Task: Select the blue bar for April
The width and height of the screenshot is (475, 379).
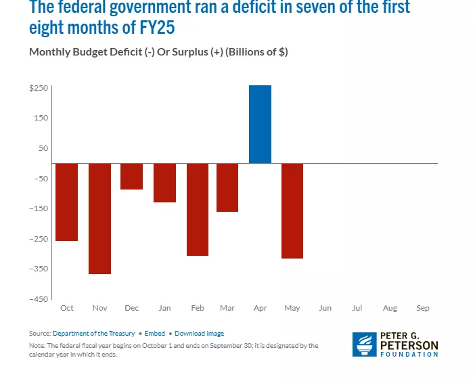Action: (260, 125)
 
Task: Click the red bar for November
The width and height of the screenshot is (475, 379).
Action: (99, 219)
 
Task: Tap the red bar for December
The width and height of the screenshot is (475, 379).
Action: (131, 177)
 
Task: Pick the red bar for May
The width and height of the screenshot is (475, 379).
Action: (292, 211)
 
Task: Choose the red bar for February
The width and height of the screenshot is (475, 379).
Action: (198, 210)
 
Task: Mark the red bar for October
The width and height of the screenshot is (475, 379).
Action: (66, 202)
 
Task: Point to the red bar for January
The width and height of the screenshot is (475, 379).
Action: (164, 183)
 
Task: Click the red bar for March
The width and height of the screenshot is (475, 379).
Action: (227, 187)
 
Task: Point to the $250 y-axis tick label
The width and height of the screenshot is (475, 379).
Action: (38, 88)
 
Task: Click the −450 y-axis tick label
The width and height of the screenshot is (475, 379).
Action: (38, 299)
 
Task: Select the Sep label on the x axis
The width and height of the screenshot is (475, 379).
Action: (423, 308)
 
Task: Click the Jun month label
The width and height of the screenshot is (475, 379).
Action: (325, 308)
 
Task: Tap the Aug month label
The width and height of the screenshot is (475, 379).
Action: (390, 308)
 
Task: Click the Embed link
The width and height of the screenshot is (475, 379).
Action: (154, 334)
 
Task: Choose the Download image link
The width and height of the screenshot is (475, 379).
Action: (199, 334)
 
